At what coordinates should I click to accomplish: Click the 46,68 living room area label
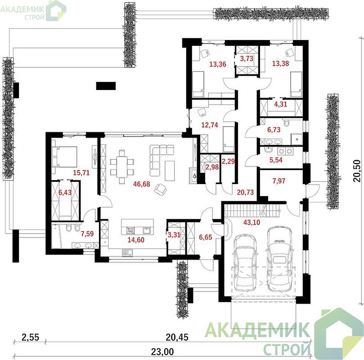(142, 184)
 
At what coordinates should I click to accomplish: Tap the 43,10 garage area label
(252, 222)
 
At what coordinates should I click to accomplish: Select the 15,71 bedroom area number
(81, 173)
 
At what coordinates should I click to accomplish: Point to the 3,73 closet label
(247, 58)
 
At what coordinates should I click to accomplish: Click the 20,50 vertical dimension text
(357, 171)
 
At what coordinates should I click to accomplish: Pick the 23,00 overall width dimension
(162, 352)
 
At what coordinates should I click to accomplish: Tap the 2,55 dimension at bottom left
(31, 337)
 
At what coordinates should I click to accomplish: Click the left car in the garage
(245, 262)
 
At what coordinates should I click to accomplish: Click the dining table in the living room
(122, 167)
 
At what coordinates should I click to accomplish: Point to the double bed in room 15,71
(64, 157)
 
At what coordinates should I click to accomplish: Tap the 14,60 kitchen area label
(136, 240)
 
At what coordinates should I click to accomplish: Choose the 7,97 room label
(279, 181)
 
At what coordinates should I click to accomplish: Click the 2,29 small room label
(228, 161)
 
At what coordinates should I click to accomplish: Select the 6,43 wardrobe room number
(65, 193)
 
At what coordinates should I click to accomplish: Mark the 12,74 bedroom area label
(210, 125)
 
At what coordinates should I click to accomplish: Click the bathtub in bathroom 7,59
(57, 236)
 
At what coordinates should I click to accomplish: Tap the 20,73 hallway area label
(245, 192)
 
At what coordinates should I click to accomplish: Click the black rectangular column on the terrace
(106, 86)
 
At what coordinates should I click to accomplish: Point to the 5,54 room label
(276, 160)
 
